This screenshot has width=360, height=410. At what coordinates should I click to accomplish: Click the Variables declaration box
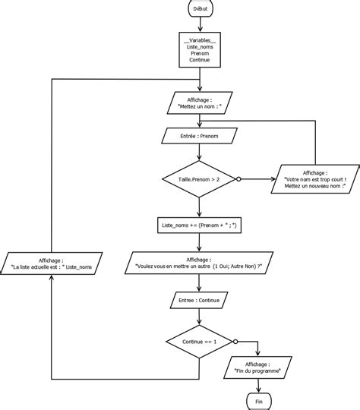199,50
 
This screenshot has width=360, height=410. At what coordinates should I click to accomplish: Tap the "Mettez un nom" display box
199,103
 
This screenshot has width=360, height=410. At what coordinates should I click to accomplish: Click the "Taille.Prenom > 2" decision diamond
199,179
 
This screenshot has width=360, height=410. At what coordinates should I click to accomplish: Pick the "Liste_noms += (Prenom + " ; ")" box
199,225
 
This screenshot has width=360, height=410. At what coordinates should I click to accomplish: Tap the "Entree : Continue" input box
199,301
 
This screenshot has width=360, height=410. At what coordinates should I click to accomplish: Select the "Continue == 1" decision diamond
199,342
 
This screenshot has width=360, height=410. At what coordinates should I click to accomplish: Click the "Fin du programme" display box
259,368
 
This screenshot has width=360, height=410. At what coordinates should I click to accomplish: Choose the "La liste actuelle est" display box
52,263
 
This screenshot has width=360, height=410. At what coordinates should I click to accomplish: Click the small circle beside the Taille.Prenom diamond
238,179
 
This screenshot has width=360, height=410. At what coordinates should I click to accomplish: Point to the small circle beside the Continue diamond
235,342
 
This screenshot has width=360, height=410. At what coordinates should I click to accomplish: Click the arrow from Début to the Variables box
199,23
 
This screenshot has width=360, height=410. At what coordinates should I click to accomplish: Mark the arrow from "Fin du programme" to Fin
259,384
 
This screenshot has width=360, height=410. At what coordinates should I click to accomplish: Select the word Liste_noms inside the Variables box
199,46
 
